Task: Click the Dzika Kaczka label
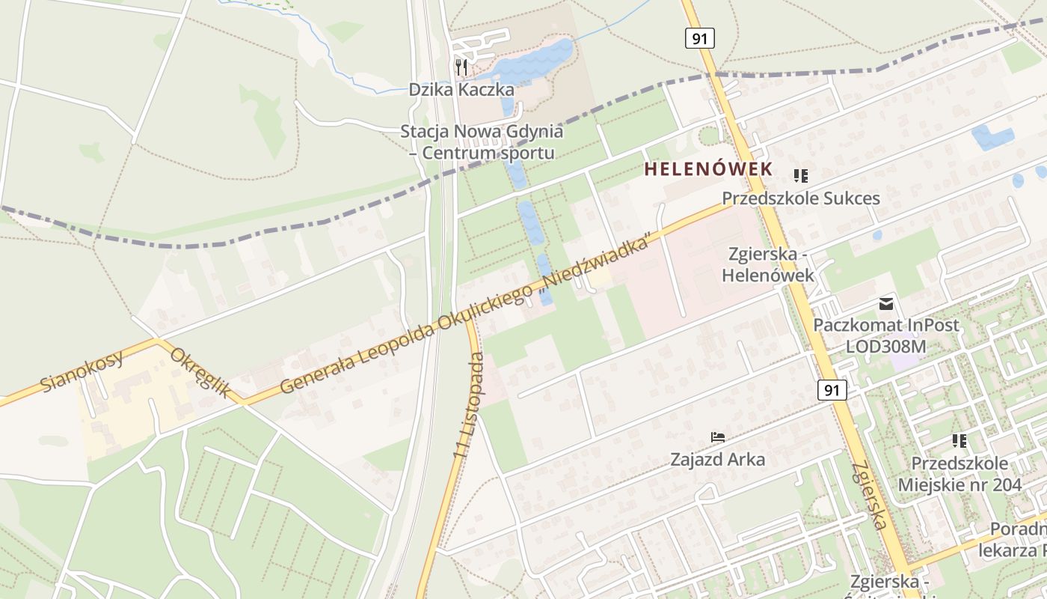pos(461,90)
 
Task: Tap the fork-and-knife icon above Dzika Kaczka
pos(461,67)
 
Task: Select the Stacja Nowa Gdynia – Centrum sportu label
pos(482,142)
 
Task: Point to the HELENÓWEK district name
pos(708,169)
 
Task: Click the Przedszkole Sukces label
pos(800,198)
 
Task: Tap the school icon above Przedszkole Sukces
pos(801,176)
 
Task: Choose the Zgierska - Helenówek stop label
pos(767,265)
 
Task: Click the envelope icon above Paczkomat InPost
pos(886,303)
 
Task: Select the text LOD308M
pos(885,347)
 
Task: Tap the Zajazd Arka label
pos(717,459)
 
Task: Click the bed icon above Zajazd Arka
pos(718,437)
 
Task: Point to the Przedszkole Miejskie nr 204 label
pos(960,473)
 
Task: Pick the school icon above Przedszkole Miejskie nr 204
pos(960,440)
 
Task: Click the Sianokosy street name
pos(82,371)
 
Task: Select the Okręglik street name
pos(199,372)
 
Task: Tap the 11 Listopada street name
pos(469,405)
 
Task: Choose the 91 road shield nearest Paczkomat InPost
pos(832,389)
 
